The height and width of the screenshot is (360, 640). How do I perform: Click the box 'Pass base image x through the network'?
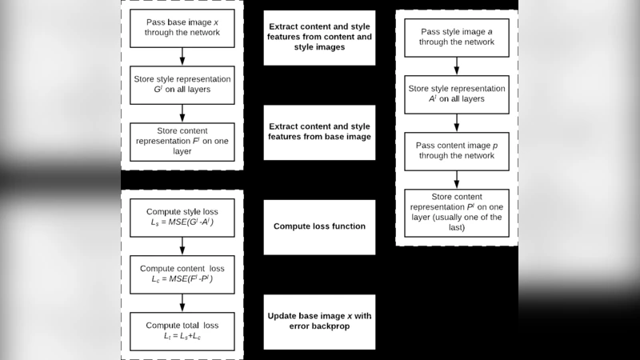182,29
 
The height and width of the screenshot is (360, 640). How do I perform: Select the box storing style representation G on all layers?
182,85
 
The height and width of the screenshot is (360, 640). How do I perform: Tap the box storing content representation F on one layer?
182,142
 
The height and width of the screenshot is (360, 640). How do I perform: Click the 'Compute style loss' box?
182,217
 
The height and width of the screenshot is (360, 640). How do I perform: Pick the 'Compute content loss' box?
182,274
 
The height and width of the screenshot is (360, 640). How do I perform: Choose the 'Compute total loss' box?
182,330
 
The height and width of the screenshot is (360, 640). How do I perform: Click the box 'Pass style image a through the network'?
457,37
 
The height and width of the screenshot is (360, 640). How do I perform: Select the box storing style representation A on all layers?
457,94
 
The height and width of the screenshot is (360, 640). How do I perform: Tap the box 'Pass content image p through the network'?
457,150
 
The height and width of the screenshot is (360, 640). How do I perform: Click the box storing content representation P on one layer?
457,213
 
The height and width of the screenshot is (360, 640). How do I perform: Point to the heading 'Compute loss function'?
319,226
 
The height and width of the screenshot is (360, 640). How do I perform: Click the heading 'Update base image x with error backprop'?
319,321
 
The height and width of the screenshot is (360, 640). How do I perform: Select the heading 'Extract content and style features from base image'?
319,131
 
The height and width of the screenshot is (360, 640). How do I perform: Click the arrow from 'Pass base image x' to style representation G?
182,57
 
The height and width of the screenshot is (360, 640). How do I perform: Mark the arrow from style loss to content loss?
182,246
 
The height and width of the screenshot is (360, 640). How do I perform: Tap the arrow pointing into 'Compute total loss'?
182,302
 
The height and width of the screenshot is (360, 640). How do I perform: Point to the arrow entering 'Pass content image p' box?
457,122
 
